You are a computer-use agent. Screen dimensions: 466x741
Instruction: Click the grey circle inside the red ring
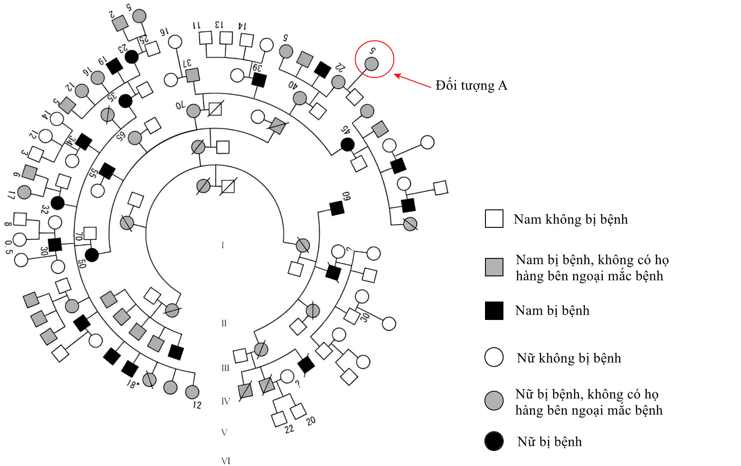(371, 64)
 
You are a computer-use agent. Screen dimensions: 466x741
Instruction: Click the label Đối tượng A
(471, 85)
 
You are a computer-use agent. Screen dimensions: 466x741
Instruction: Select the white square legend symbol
(494, 219)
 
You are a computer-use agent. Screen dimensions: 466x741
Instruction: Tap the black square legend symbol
(494, 311)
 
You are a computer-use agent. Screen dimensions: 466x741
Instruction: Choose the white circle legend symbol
(494, 358)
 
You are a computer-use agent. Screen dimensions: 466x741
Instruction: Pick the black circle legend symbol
(494, 441)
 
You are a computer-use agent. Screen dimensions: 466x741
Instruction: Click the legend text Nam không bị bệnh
(570, 219)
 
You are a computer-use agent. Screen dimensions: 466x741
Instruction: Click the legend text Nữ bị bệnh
(549, 442)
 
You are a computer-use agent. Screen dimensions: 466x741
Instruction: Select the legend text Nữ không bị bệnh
(569, 358)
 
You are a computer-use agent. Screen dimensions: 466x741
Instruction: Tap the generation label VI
(226, 461)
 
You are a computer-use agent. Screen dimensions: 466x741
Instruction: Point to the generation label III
(225, 368)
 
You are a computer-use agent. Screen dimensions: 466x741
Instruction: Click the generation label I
(223, 245)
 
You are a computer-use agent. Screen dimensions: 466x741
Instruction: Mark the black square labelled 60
(337, 208)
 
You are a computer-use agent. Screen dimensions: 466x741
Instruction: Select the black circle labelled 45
(347, 144)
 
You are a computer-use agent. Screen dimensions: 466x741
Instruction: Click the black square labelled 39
(259, 80)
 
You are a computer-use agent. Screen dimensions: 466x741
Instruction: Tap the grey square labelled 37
(193, 75)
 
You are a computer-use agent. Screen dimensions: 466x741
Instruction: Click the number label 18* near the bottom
(132, 384)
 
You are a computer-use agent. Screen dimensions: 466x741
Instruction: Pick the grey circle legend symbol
(494, 400)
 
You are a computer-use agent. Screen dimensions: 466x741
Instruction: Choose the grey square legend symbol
(494, 267)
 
